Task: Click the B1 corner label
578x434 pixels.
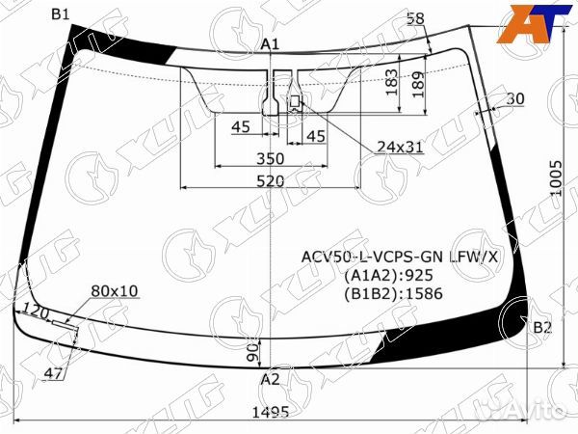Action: [x=61, y=13]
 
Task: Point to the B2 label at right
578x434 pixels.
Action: [x=542, y=328]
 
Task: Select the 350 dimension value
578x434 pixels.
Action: [x=270, y=159]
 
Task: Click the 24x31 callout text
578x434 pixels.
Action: [x=400, y=147]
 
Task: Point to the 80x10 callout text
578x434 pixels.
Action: [x=115, y=290]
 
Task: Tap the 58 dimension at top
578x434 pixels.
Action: [x=415, y=18]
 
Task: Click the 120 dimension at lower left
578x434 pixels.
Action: [x=36, y=312]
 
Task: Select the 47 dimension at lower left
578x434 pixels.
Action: [x=55, y=372]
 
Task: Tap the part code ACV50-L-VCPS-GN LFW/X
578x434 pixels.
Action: [x=401, y=257]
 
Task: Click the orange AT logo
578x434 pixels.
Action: [x=532, y=22]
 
